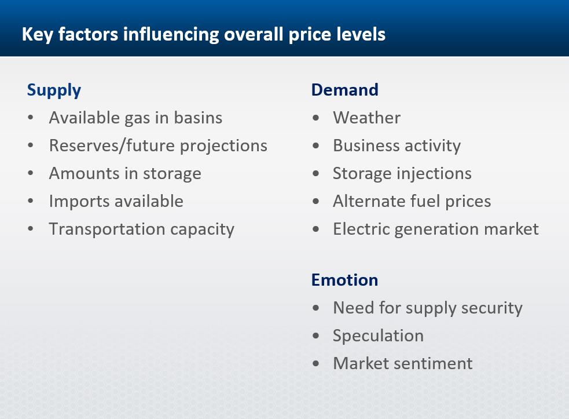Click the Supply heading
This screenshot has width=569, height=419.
54,90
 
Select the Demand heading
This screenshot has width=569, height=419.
345,90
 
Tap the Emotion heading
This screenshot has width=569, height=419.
345,280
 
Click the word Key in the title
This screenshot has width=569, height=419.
38,35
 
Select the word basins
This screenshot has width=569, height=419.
198,118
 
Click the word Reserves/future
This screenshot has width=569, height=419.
112,145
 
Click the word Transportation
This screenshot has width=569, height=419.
107,229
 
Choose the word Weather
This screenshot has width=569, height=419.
367,118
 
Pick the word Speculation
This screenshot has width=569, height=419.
379,336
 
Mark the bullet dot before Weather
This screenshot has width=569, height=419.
315,118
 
